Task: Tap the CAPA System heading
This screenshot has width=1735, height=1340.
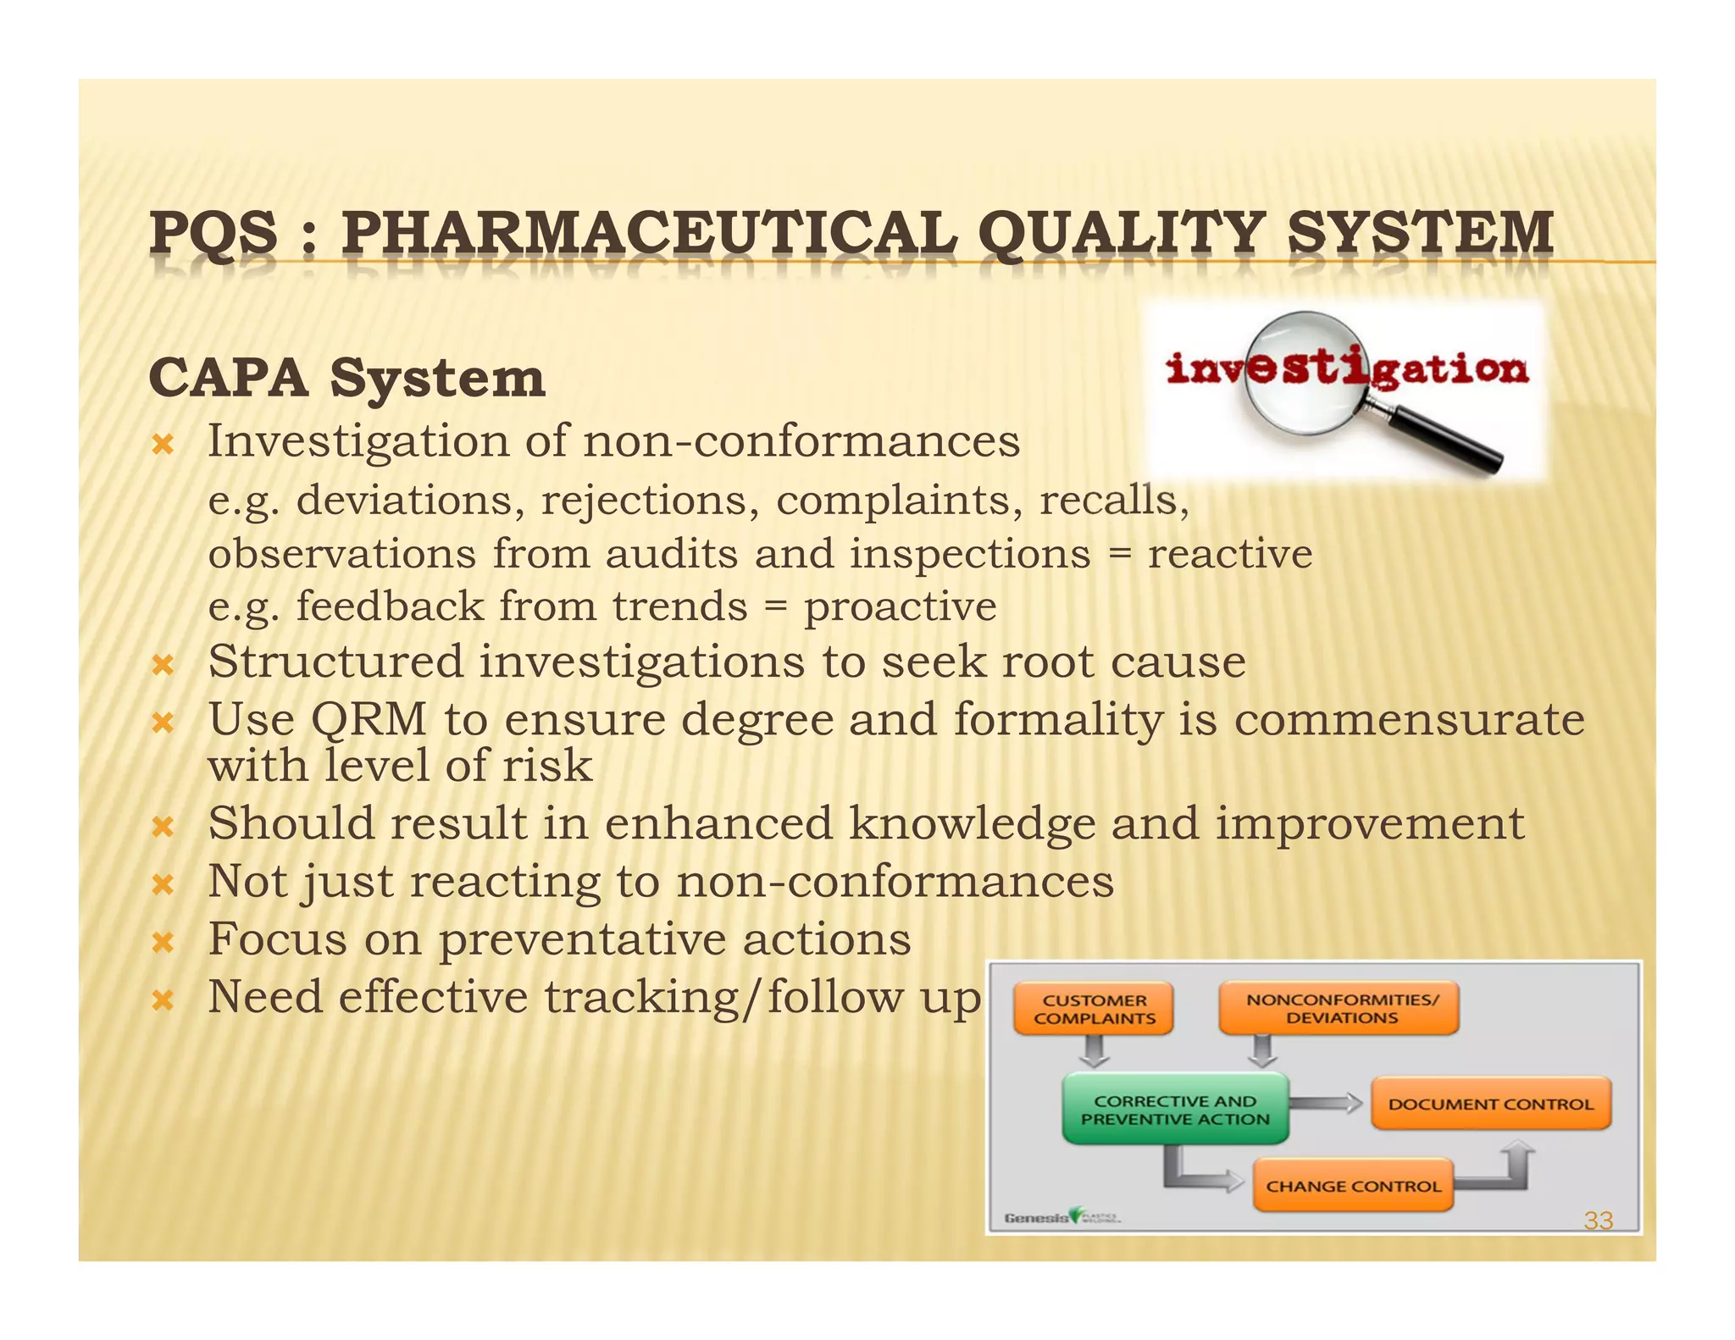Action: (346, 378)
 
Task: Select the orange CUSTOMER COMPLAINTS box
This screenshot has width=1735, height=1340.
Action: (1094, 1009)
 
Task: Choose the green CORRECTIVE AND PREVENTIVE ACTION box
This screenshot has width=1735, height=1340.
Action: (1175, 1110)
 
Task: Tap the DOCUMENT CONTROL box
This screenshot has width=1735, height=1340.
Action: (1490, 1104)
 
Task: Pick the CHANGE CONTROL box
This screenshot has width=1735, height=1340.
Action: (1353, 1186)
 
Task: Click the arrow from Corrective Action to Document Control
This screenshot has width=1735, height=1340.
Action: (1326, 1103)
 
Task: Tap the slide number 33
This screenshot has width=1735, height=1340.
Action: (1598, 1221)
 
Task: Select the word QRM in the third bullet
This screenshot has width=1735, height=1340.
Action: (369, 720)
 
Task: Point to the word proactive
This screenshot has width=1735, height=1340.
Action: (900, 606)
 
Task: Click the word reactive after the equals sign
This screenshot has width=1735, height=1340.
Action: (1229, 554)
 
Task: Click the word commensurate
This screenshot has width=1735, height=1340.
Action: (1408, 720)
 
